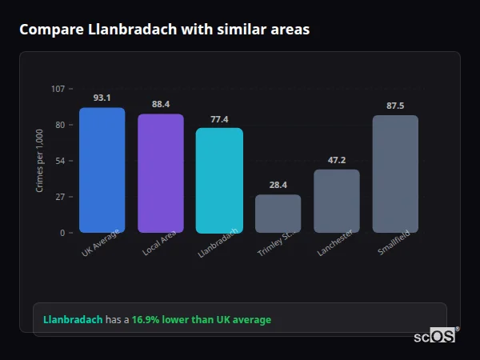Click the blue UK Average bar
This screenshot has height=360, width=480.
pos(102,170)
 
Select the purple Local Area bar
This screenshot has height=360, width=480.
pos(160,174)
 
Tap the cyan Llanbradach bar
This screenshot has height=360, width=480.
pos(219,181)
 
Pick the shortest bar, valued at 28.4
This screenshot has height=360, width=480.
pos(278,214)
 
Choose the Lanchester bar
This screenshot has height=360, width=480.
pos(337,201)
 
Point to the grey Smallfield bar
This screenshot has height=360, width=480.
pos(395,174)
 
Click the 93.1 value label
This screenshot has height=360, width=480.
pos(102,98)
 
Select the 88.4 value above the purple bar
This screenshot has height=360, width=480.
pos(160,104)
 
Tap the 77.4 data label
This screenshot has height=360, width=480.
pos(219,119)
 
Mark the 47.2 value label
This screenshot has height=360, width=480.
pos(337,160)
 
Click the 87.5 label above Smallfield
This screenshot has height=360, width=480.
pos(395,106)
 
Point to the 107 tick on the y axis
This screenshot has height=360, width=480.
pos(58,89)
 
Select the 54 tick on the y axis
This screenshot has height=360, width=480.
pos(60,161)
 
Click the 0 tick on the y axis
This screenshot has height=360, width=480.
pos(62,233)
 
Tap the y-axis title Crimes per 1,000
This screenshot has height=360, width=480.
pos(39,161)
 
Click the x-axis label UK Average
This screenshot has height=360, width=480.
pos(101,243)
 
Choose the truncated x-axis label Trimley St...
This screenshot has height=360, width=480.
pos(277,243)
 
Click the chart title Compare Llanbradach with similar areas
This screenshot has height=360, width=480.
pos(164,30)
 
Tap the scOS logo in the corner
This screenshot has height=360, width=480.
pos(435,336)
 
